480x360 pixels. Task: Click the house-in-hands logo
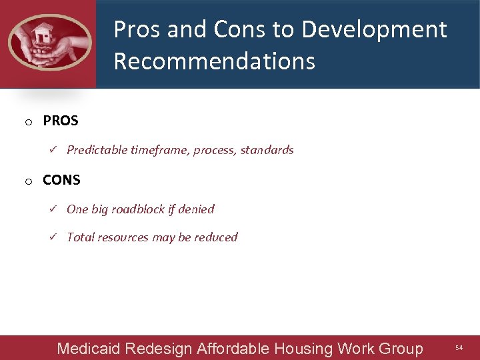coord(49,43)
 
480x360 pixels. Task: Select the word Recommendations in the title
coord(214,61)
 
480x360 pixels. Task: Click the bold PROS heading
coord(61,121)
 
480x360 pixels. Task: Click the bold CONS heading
coord(61,180)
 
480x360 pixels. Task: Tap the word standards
coord(267,150)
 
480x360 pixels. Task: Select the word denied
coord(197,209)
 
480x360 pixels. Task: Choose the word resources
coord(125,237)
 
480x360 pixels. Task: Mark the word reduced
coord(216,237)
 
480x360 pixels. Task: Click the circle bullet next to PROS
coord(29,123)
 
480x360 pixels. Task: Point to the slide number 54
coord(459,348)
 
